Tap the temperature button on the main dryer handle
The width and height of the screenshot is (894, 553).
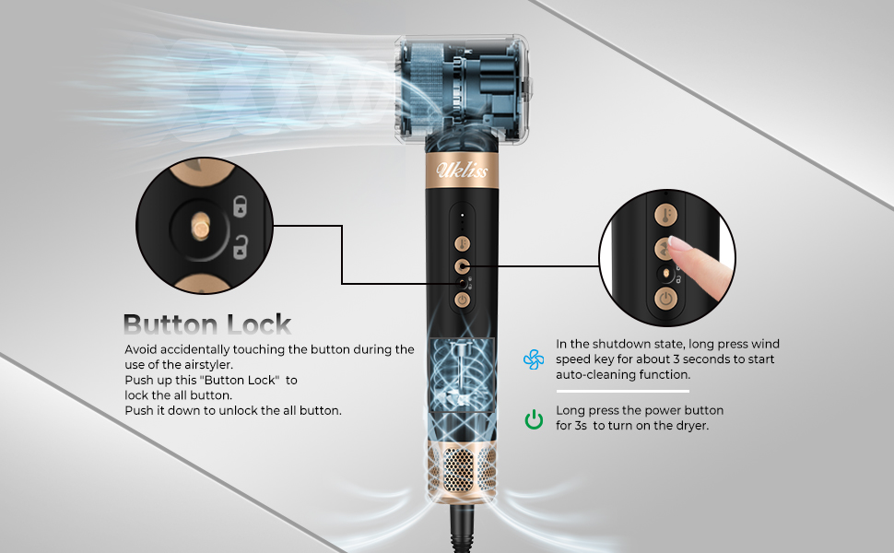tap(463, 242)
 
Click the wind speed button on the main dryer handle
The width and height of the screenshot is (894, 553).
tap(463, 265)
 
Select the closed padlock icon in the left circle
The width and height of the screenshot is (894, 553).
tap(241, 208)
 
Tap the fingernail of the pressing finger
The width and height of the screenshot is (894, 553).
tap(680, 244)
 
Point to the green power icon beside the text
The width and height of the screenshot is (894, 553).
tap(535, 419)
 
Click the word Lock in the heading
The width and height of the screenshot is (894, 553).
tap(259, 324)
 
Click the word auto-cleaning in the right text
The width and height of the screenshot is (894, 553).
tap(593, 375)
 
